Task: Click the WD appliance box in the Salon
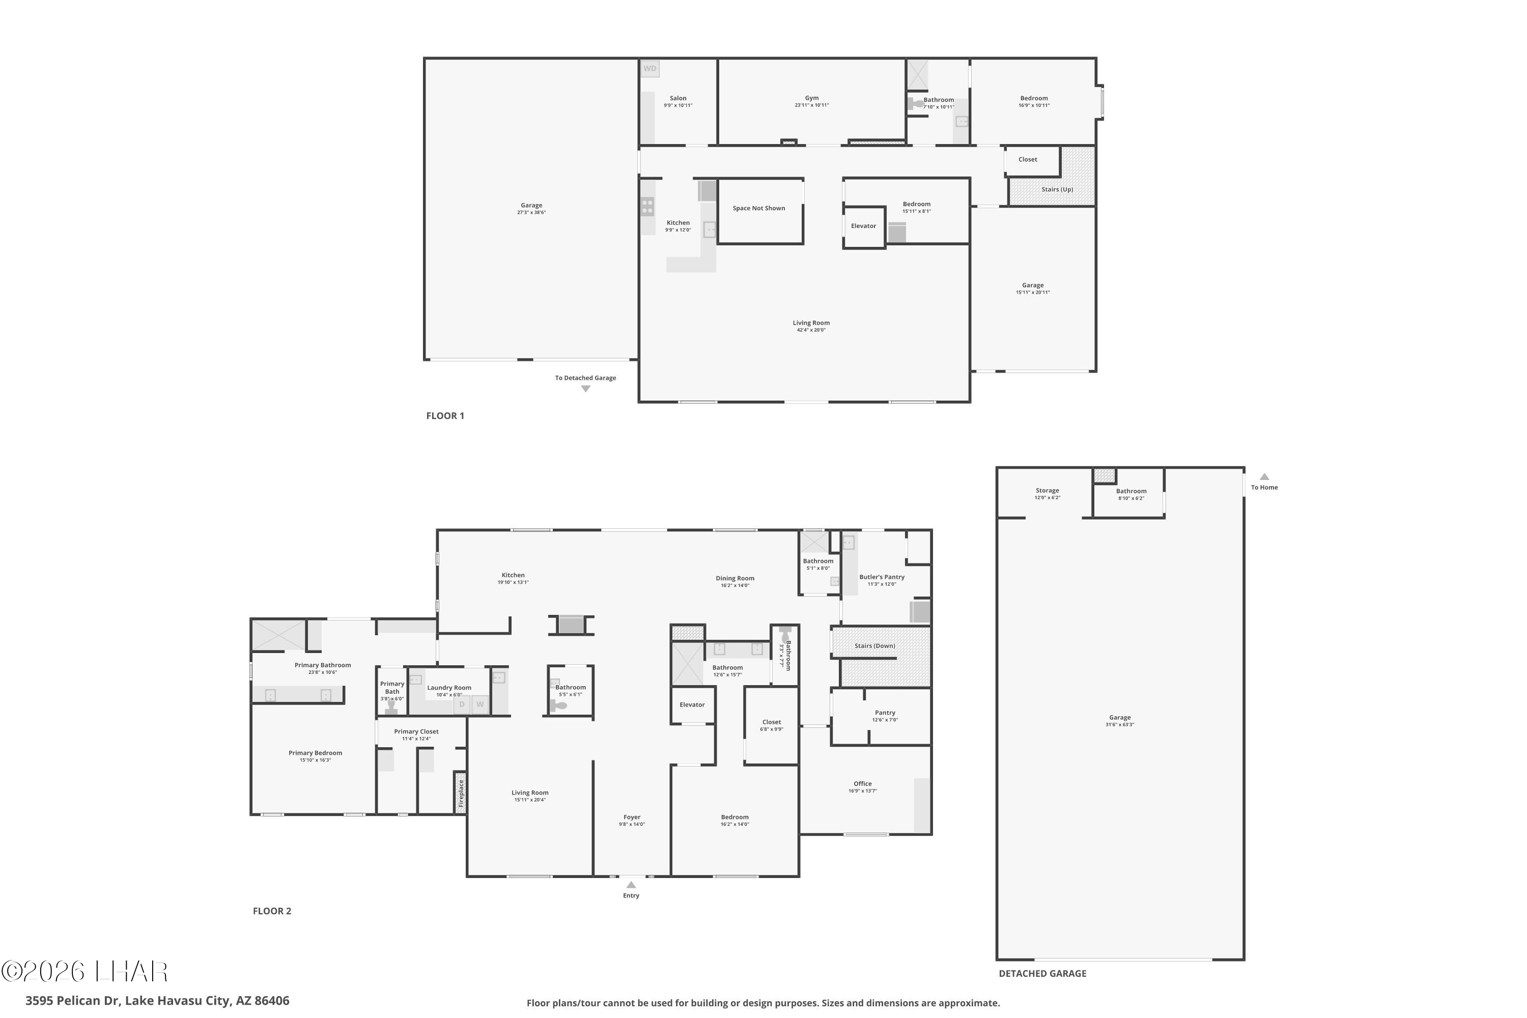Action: pos(650,68)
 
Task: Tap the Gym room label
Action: pos(811,98)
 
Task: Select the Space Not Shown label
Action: pos(758,208)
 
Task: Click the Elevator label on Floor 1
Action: pos(863,226)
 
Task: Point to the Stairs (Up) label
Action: pos(1057,189)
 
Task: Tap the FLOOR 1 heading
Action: pos(445,415)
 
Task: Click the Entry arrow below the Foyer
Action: pos(631,884)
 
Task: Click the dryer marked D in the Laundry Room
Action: pos(462,704)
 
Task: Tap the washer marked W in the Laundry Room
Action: pos(480,704)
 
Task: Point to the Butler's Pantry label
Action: pos(881,577)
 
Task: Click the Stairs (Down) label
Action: pos(874,645)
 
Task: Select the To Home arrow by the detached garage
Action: pos(1264,476)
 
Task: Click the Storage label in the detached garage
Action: pos(1047,491)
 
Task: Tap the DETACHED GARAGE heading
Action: pos(1041,973)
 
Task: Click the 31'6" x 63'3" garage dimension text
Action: pos(1119,724)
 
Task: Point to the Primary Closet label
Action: pos(416,732)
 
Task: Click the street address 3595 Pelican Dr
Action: pos(157,1001)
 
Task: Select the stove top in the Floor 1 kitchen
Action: pos(647,207)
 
